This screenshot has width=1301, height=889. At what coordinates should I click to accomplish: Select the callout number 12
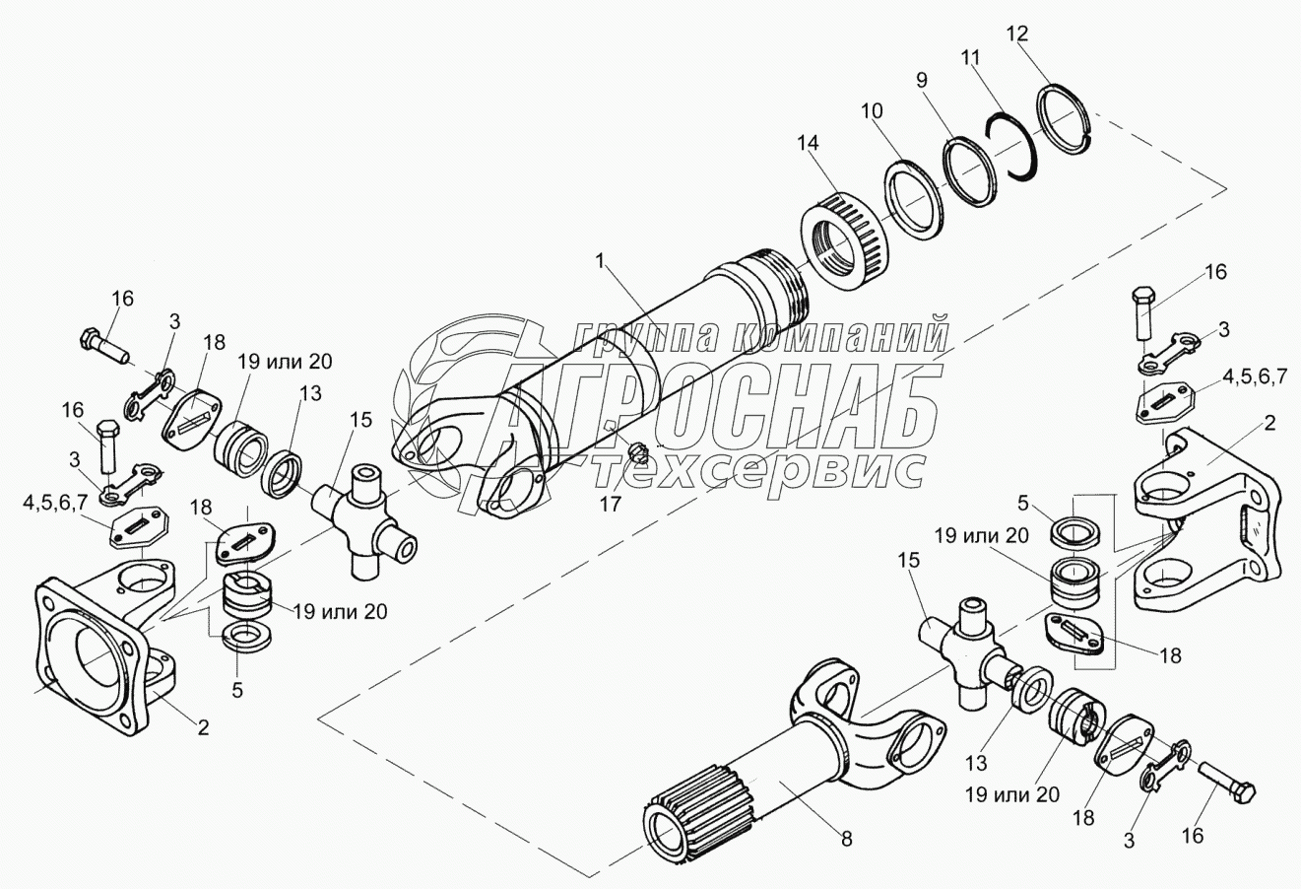[1016, 34]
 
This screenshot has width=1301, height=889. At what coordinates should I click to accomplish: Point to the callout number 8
[847, 839]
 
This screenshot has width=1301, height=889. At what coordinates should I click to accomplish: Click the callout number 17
[611, 504]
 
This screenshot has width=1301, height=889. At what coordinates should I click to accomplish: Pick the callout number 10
[871, 110]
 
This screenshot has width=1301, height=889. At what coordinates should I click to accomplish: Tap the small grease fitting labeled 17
[639, 450]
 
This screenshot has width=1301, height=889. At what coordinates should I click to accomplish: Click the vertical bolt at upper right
[1141, 312]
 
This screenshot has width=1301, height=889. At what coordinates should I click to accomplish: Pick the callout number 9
[922, 80]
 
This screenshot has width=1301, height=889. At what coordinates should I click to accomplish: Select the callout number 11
[970, 57]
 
